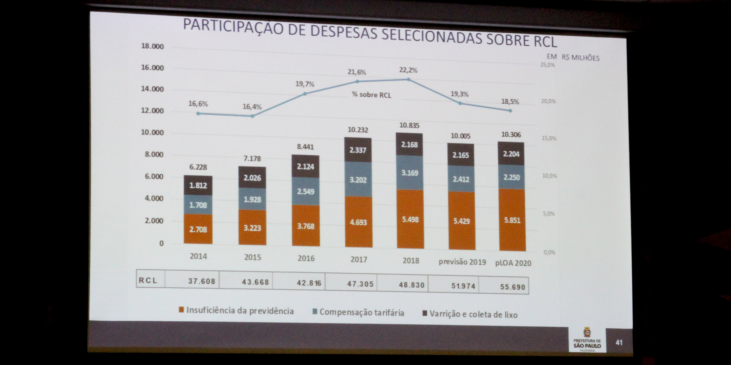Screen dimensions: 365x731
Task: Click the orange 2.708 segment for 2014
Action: tap(198, 229)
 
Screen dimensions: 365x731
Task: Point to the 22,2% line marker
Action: tap(409, 79)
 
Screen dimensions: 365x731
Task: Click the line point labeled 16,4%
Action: tap(253, 116)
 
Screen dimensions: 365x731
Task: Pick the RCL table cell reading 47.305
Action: tap(360, 284)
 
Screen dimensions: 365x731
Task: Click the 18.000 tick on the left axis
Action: tap(153, 46)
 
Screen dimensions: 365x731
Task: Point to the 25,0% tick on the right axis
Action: tap(547, 65)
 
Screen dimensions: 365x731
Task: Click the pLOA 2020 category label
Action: tap(513, 263)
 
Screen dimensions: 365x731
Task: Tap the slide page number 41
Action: tap(619, 342)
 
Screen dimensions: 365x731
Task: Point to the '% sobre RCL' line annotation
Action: tap(371, 95)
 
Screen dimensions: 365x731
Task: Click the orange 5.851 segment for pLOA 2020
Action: tap(512, 220)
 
